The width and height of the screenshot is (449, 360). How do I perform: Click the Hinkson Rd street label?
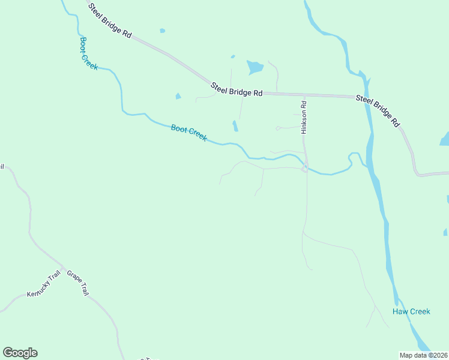coord(304,116)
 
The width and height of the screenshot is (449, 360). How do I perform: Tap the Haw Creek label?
coord(411,311)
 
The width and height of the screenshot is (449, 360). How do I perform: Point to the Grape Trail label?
coord(78,283)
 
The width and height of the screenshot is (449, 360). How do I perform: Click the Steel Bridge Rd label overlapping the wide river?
coord(378,110)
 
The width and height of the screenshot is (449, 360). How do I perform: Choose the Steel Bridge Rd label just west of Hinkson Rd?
coord(237,89)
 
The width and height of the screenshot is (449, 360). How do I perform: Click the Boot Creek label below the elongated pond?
coord(188,133)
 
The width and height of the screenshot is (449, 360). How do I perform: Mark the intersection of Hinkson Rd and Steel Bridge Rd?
coord(304,95)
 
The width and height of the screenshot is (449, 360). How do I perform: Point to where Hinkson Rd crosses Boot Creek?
coord(306,167)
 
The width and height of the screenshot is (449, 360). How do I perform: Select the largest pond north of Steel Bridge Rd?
coord(255,67)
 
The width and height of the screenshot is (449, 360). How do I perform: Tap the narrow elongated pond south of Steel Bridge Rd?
coord(235,126)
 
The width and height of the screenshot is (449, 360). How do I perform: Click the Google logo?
coord(20,353)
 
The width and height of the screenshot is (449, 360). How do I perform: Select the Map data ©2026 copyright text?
coord(423,355)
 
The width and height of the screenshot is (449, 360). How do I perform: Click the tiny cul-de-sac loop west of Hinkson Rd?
coord(278,128)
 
